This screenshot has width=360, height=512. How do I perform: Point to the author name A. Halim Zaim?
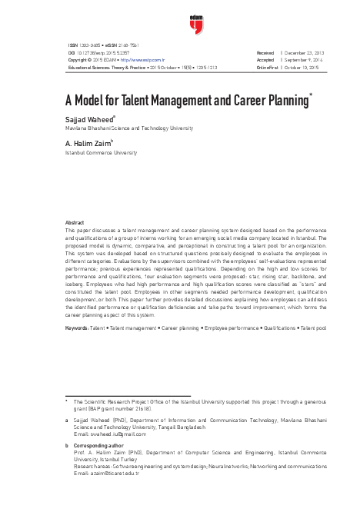point(88,143)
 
